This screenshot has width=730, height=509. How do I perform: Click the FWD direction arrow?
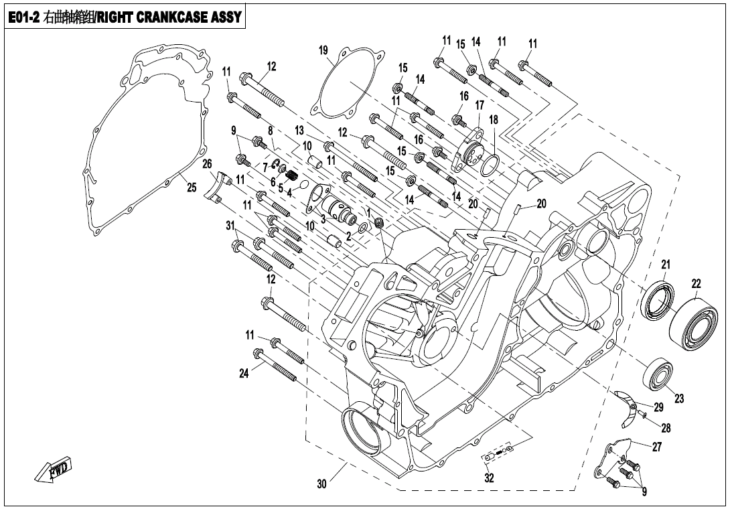tap(54, 469)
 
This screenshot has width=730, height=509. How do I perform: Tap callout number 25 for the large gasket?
tap(192, 188)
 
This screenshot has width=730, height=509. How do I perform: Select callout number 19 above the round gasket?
tap(323, 51)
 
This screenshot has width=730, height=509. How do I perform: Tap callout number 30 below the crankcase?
tap(321, 484)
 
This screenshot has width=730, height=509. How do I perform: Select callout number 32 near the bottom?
tap(490, 478)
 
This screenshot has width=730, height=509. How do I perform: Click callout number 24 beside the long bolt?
tap(244, 373)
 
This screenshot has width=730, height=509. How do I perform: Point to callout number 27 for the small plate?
tap(657, 447)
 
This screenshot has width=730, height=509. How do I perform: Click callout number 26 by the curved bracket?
tap(207, 164)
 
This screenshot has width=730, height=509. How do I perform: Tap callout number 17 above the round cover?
tap(480, 105)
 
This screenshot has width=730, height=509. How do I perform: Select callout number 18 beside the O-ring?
tap(494, 120)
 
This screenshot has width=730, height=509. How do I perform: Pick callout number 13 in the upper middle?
tap(299, 129)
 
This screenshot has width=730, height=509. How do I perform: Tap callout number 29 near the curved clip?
tap(658, 407)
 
